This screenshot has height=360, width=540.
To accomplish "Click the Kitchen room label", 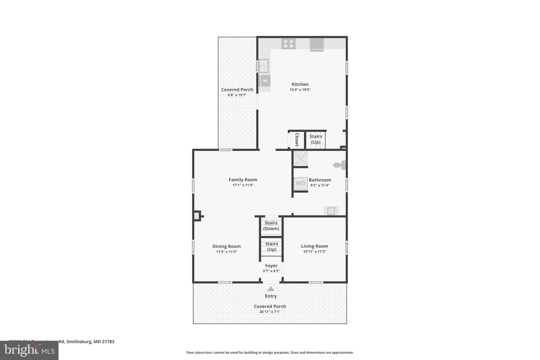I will coord(300,84).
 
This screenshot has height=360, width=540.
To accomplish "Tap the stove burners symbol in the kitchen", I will coord(288,44).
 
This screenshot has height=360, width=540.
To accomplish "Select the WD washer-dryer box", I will coord(301,183).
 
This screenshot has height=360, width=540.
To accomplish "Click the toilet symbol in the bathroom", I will coord(339,165).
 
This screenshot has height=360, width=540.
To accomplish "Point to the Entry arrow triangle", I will coord(271,289).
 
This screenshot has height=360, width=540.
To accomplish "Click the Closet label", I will coord(297,140).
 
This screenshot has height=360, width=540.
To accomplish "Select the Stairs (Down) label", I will coord(271,226).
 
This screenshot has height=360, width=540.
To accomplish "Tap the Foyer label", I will coord(271,266).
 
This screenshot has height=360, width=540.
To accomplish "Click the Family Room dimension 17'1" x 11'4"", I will coord(243,185).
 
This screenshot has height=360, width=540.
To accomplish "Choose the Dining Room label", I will coord(226,246).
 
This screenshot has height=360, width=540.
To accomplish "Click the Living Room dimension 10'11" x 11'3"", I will coord(315,252).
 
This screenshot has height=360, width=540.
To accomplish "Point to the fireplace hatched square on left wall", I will coord(196,216).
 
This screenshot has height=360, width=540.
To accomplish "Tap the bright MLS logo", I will coord(29,350).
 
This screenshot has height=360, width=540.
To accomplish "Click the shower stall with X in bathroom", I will coord(301,158).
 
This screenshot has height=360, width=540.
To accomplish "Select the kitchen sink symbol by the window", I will coord(263,66).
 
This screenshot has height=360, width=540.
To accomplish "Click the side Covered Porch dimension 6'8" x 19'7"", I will coord(237,95).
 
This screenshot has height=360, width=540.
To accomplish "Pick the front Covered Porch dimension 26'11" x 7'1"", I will coord(270,312).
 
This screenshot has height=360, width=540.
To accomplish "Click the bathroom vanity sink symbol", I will coord(331,211).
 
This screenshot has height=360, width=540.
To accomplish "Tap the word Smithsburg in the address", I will coord(79,342).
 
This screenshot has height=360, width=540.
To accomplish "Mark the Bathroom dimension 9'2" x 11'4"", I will coord(320,185).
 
